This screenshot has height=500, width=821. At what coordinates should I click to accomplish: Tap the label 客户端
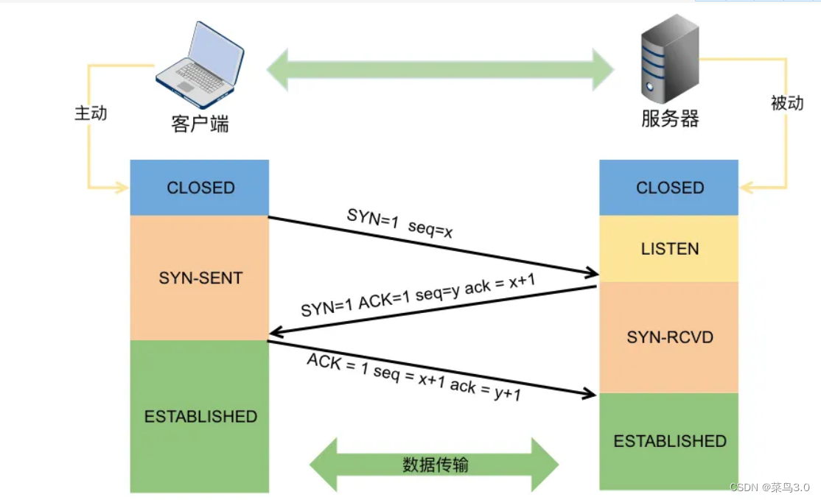tap(200, 124)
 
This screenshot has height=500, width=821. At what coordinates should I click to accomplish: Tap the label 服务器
tap(669, 119)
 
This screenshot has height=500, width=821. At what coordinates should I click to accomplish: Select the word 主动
tap(91, 113)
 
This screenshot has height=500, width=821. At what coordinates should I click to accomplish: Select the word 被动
tap(786, 103)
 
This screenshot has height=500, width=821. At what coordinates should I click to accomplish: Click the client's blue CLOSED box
tap(200, 188)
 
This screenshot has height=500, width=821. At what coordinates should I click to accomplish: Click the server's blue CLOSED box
tap(669, 188)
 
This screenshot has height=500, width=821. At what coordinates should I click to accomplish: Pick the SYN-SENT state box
tap(200, 278)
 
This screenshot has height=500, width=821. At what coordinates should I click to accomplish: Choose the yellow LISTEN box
tap(669, 249)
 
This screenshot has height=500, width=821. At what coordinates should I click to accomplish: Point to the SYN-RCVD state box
tap(669, 337)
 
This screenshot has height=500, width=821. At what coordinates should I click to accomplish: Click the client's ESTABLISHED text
tap(200, 417)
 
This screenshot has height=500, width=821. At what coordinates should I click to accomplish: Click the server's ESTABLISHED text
tap(669, 441)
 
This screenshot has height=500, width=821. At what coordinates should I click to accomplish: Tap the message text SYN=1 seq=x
tap(400, 223)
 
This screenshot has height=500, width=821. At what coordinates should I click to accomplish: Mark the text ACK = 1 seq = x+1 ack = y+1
tap(414, 377)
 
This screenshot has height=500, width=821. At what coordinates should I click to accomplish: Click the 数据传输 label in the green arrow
tap(435, 465)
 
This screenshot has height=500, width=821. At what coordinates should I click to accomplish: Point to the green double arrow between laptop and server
tap(439, 71)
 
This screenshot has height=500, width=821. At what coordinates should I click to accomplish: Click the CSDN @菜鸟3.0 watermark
tap(769, 487)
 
